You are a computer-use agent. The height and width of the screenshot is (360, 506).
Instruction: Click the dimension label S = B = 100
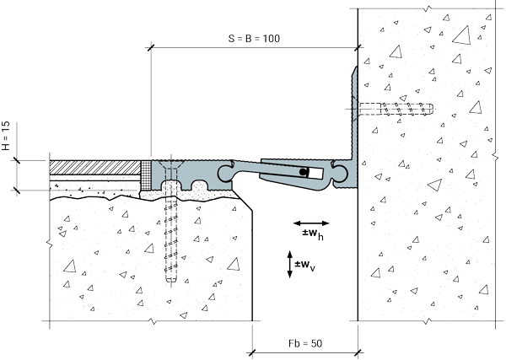click(254, 39)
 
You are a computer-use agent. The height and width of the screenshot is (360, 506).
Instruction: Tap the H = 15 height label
click(6, 136)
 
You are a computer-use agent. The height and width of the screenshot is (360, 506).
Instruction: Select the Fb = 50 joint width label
click(305, 343)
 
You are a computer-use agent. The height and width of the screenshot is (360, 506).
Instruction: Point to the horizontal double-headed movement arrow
click(311, 223)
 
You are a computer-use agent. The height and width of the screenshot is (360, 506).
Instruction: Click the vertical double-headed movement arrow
click(289, 264)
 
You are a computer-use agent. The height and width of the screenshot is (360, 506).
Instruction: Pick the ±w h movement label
click(313, 234)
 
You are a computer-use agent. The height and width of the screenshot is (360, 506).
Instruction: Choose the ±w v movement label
click(305, 266)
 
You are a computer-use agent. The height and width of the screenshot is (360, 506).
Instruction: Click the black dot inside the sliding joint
click(303, 172)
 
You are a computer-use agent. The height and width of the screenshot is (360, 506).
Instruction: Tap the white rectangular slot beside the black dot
click(315, 173)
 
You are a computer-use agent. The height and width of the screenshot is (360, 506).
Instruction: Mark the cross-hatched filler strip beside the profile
click(146, 175)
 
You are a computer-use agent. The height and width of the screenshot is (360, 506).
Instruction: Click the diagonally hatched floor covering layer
click(94, 168)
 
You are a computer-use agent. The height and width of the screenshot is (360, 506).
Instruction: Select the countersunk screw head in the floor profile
click(171, 165)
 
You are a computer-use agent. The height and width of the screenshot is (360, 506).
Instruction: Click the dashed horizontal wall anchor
click(396, 109)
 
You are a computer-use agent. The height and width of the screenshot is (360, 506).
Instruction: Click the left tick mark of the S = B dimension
click(150, 48)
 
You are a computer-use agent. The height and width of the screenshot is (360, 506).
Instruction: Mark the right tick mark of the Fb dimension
click(358, 353)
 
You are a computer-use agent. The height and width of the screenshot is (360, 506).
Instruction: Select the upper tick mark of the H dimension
click(16, 160)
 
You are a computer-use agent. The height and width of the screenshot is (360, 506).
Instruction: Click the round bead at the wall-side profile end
click(341, 173)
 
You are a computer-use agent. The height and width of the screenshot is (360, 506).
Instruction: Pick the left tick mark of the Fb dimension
click(252, 353)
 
